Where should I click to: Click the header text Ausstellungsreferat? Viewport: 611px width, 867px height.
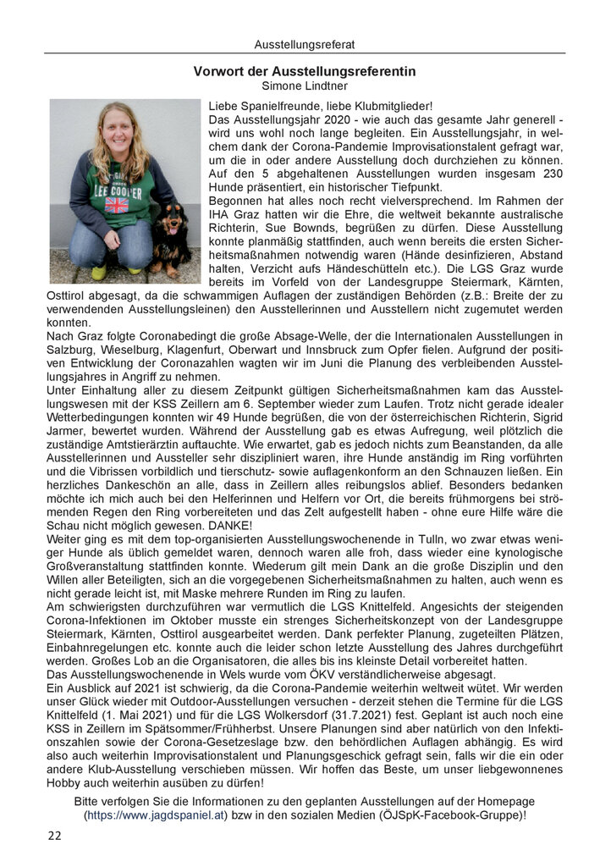coord(305,44)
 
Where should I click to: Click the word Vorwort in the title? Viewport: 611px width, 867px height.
coord(219,71)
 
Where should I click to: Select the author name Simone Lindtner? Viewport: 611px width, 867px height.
coord(305,86)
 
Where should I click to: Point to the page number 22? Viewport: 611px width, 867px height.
coord(54,836)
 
